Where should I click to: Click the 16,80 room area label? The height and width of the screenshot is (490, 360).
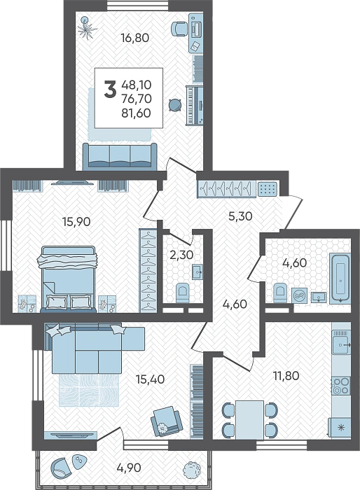[x=135, y=38]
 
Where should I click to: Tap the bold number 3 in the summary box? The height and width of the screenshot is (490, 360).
[x=110, y=89]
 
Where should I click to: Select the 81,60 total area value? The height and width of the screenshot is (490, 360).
[x=137, y=113]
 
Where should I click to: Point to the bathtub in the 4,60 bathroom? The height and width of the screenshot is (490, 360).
[x=340, y=278]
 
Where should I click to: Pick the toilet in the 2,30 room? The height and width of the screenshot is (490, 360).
[x=182, y=293]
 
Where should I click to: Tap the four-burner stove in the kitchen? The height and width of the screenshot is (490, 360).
[x=341, y=386]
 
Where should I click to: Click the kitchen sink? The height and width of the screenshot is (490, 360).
[x=341, y=344]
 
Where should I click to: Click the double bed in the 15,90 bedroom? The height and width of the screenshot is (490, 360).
[x=68, y=279]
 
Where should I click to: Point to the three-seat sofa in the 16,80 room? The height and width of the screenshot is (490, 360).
[x=120, y=157]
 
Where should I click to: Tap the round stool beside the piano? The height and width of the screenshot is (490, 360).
[x=175, y=105]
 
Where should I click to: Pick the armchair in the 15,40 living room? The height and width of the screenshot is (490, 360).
[x=166, y=421]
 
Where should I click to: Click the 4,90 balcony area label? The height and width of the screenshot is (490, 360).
[x=129, y=468]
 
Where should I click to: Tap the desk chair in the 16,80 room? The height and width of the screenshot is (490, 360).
[x=179, y=29]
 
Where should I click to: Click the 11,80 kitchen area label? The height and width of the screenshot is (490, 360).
[x=286, y=376]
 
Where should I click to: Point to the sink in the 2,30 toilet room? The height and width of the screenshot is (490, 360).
[x=198, y=272]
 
